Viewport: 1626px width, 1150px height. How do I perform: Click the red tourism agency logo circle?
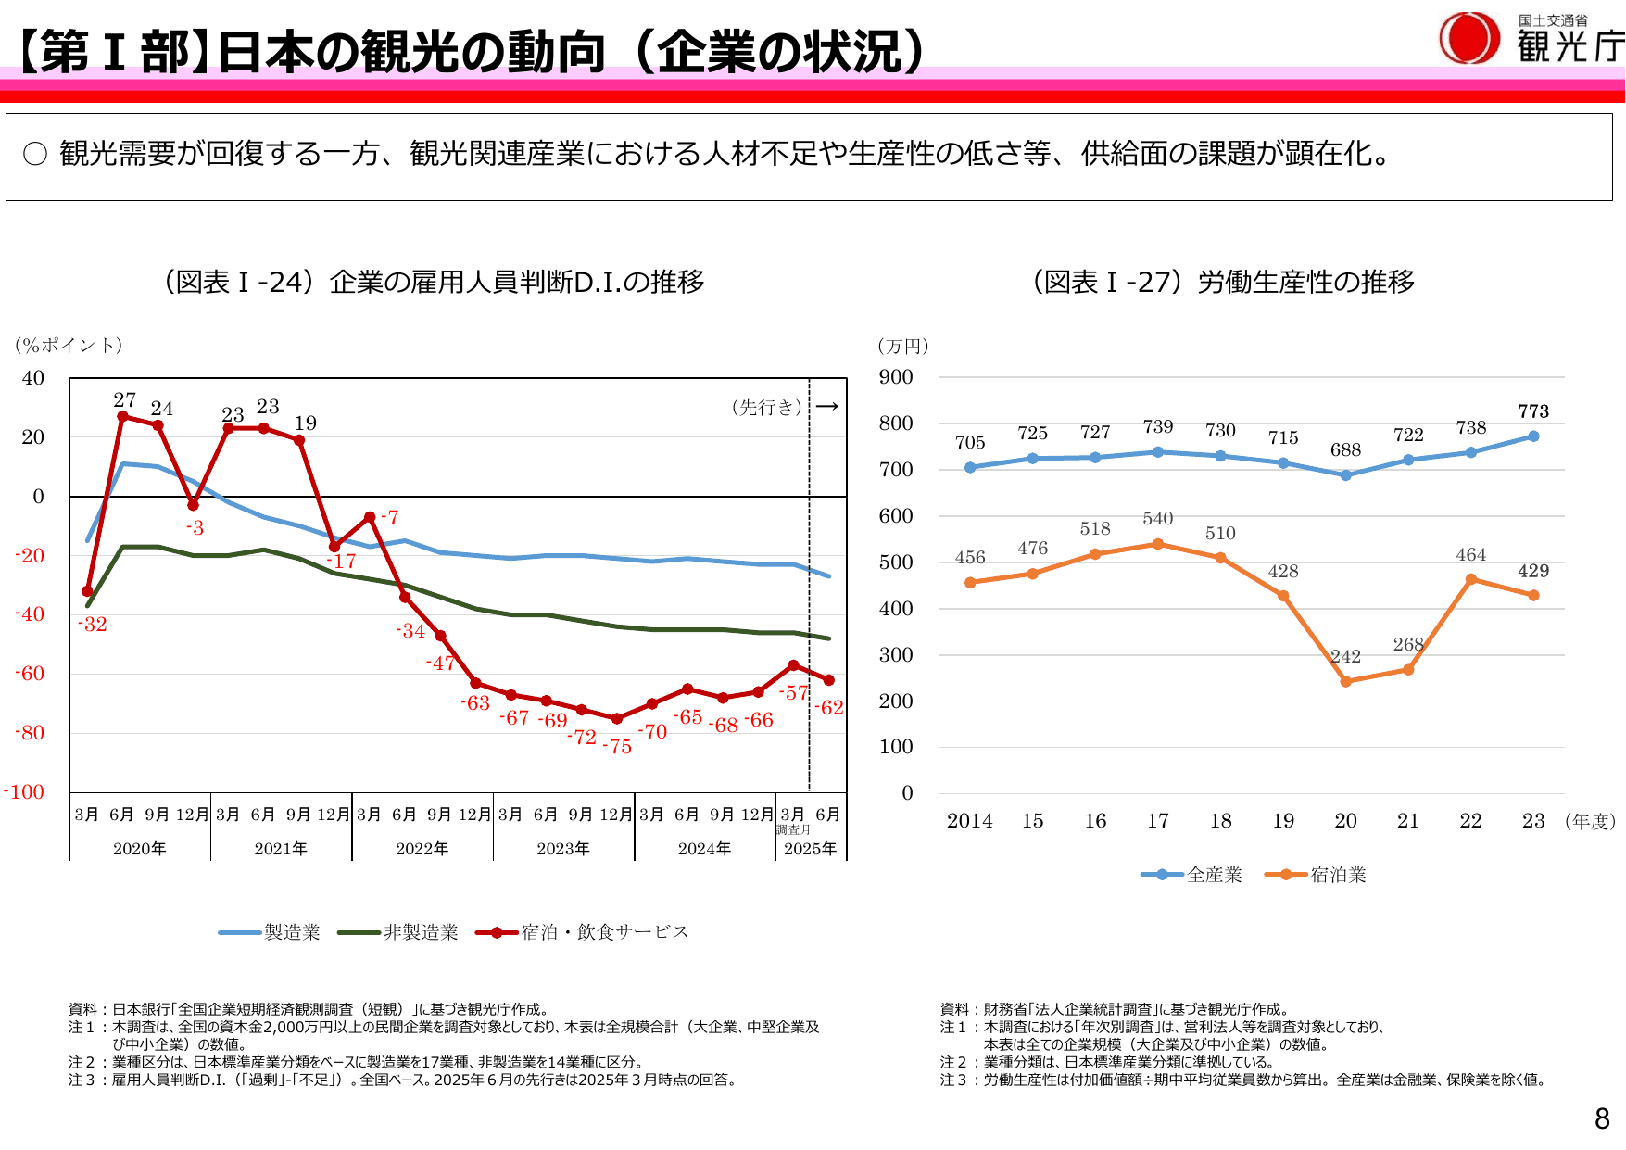1468,38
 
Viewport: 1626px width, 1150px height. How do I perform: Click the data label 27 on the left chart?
124,400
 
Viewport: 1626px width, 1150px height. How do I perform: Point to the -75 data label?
618,747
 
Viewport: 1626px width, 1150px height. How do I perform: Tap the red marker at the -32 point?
87,591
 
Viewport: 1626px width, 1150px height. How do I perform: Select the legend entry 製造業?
271,932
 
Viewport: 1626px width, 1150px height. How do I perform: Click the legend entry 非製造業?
399,932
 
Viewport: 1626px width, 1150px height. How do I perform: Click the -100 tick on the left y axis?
24,792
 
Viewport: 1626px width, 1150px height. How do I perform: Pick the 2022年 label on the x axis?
422,849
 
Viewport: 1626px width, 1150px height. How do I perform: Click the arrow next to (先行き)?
827,406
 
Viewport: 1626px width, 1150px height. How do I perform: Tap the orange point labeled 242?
1345,681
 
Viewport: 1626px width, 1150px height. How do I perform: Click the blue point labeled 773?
1533,436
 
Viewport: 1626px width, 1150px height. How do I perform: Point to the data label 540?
1158,519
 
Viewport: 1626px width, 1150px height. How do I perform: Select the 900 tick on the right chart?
896,377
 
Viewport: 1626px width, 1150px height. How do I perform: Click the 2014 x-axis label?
969,821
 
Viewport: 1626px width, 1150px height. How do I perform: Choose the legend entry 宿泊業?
1317,875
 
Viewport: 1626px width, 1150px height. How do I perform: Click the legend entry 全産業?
1192,875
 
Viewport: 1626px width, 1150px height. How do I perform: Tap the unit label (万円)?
903,347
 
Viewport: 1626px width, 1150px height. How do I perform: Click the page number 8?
1602,1119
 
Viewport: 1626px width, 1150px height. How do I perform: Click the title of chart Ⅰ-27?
1223,282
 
